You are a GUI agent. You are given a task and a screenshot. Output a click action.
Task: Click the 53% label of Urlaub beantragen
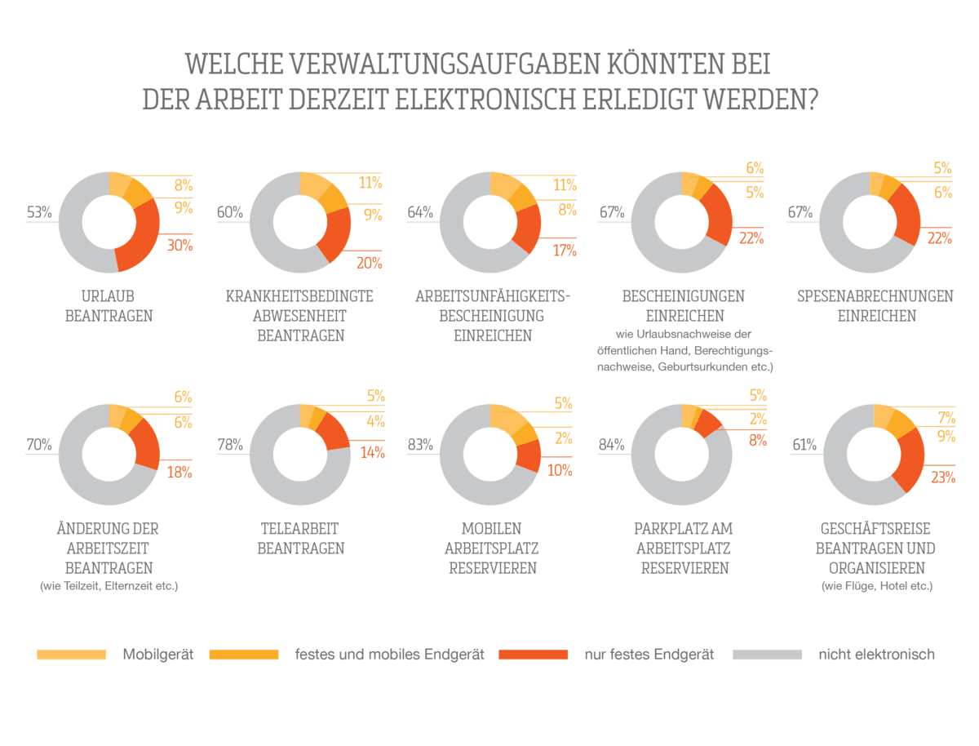click(x=39, y=213)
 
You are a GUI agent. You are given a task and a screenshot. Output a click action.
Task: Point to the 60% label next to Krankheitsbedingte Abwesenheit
click(x=229, y=213)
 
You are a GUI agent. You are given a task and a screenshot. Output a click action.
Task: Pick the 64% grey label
click(x=420, y=213)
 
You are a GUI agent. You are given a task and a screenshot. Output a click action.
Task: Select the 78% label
click(x=229, y=446)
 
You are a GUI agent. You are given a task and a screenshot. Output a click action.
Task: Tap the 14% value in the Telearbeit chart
click(x=373, y=455)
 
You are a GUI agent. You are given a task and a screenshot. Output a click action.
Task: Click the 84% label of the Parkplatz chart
click(x=611, y=446)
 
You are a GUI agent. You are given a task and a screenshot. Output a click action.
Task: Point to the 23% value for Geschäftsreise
click(x=942, y=478)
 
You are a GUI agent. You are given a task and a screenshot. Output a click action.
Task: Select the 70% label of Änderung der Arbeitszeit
click(x=39, y=446)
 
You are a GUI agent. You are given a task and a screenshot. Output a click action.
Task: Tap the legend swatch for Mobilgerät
click(x=72, y=655)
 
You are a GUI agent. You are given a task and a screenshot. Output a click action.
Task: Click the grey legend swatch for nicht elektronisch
click(x=768, y=655)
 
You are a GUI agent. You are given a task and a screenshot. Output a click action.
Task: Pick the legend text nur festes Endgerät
click(x=649, y=655)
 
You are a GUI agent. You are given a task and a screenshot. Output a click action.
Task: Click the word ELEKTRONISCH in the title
click(x=500, y=100)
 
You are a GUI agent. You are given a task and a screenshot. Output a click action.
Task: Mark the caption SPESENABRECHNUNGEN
click(x=875, y=296)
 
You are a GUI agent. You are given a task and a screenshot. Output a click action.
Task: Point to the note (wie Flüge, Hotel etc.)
click(x=875, y=586)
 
